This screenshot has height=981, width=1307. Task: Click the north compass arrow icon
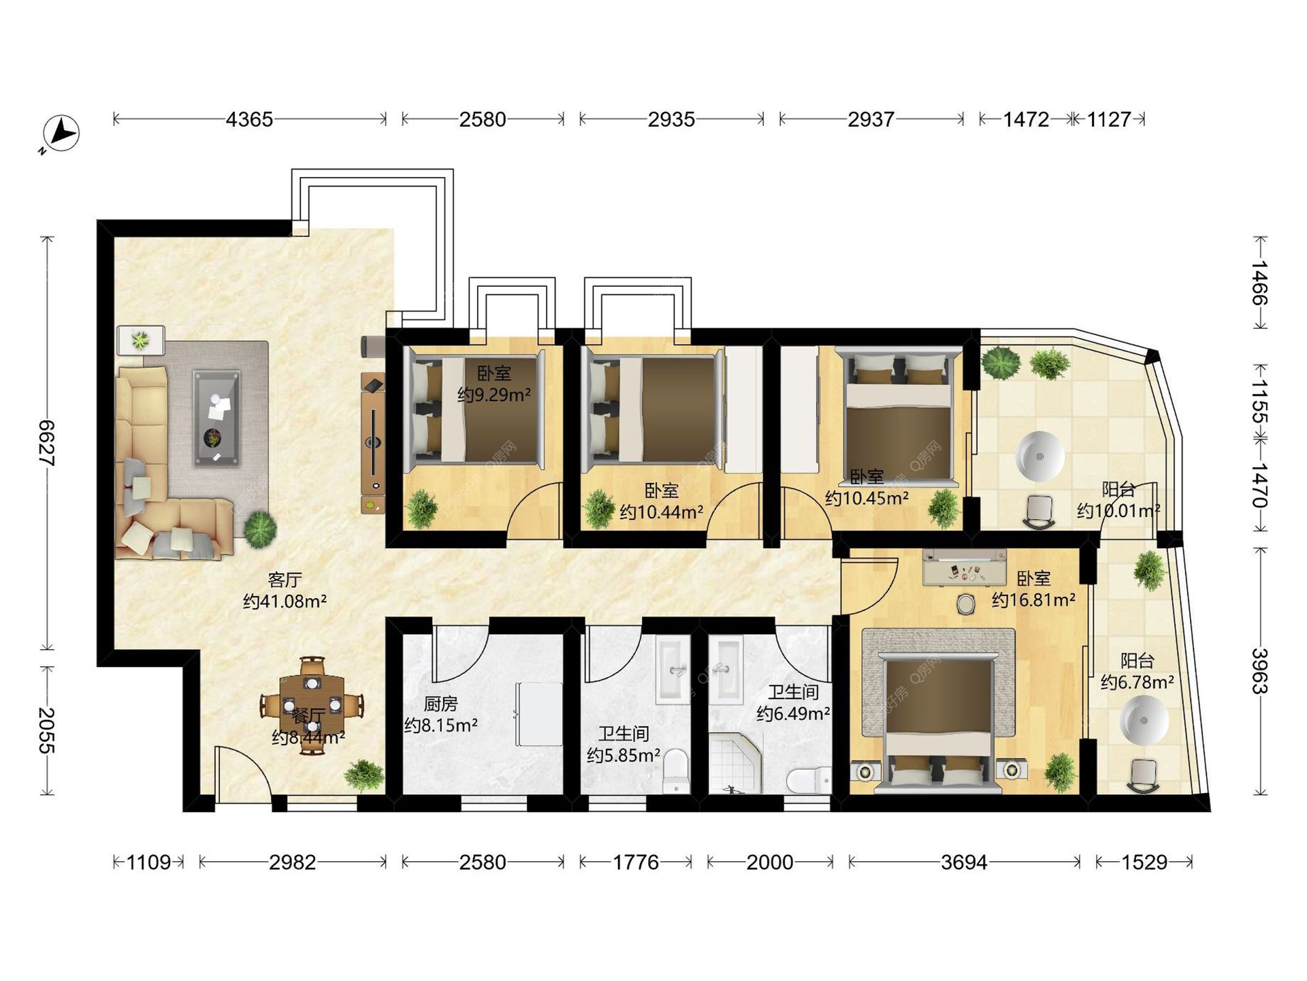pos(61,133)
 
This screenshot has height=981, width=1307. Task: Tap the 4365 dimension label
pos(249,119)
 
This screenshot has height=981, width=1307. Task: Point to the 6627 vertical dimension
pos(47,443)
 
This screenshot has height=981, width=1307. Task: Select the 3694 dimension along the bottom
pos(964,862)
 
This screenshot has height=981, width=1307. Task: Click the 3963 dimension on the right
pos(1260,671)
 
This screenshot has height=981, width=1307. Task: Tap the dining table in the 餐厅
pos(312,705)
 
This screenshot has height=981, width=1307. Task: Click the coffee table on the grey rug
pos(217,418)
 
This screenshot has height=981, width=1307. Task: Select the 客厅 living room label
pos(285,580)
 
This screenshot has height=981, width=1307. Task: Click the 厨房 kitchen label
pos(440,704)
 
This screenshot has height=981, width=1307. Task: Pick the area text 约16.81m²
pos(1033,600)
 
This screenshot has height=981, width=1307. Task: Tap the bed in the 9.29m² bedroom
pos(474,409)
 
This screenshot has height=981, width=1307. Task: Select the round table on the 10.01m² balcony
pos(1040,456)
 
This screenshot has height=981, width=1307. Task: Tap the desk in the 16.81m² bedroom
pos(964,567)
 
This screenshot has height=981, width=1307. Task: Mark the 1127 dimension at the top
pos(1108,119)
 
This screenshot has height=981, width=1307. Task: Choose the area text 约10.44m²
pos(661,512)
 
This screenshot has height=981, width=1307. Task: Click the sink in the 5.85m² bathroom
pos(673,670)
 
